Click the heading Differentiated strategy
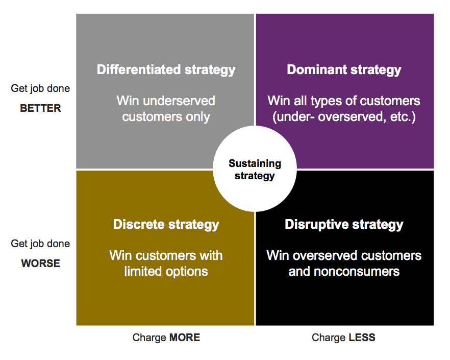point(166,69)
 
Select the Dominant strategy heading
point(344,69)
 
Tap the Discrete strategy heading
point(166,224)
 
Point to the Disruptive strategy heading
point(344,224)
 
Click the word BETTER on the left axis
point(40,108)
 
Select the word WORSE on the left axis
point(40,263)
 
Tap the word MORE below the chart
point(185,338)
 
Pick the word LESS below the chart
point(362,338)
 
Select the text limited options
point(166,271)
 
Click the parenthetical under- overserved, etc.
point(344,116)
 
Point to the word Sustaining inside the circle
point(254,164)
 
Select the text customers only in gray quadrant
point(166,116)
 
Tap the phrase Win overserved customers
point(344,255)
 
